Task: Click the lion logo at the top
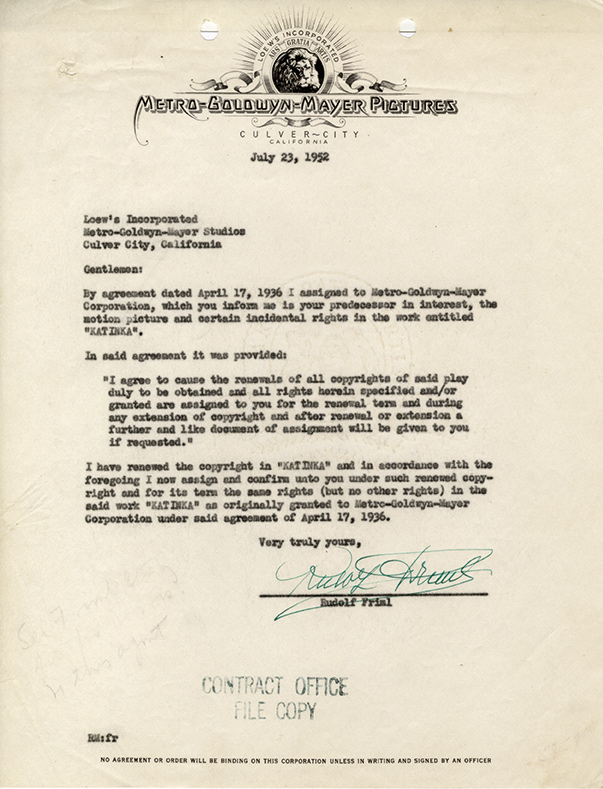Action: pyautogui.click(x=301, y=69)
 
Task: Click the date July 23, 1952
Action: pyautogui.click(x=303, y=158)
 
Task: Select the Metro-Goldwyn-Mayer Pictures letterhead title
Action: pyautogui.click(x=297, y=106)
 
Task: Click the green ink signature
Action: pyautogui.click(x=380, y=574)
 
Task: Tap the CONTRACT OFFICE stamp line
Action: pyautogui.click(x=275, y=687)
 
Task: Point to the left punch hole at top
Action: pyautogui.click(x=209, y=30)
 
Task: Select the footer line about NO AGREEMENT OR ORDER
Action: pyautogui.click(x=300, y=761)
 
